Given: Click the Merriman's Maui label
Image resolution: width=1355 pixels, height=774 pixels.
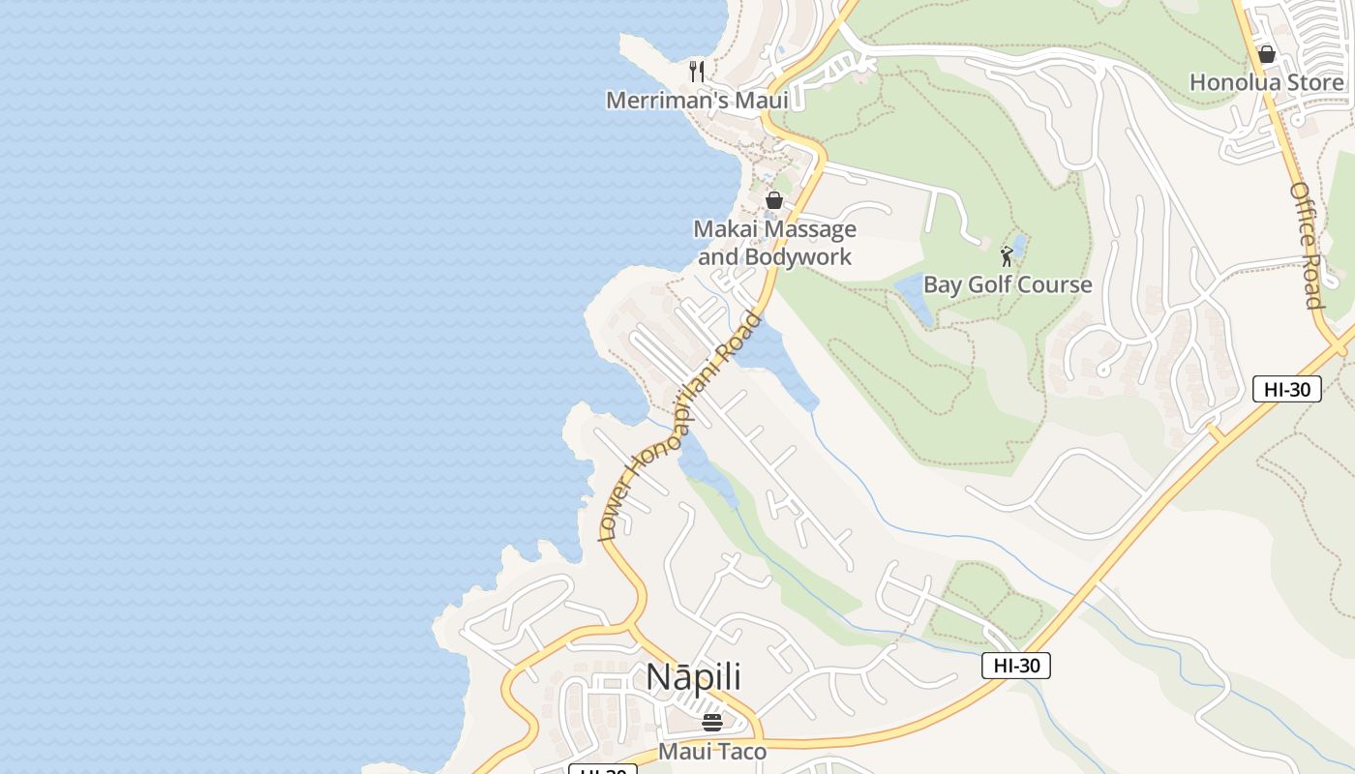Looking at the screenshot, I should click(697, 100).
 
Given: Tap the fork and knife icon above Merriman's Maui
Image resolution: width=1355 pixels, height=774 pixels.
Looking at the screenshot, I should click(696, 71).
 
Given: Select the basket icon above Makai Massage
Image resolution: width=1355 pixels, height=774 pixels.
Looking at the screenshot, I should click(774, 200).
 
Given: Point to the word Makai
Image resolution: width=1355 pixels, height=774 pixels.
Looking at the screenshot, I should click(724, 229).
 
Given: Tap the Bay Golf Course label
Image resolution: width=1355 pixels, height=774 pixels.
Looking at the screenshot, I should click(1007, 284).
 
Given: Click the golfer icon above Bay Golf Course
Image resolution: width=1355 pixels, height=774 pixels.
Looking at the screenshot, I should click(1007, 256).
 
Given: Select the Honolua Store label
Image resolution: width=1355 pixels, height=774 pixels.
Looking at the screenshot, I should click(1266, 82).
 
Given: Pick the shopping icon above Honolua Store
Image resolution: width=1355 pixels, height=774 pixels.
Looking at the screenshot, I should click(1266, 54).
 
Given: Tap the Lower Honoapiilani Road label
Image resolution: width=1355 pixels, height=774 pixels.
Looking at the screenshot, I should click(680, 427).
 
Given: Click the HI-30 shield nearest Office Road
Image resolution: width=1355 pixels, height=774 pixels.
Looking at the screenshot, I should click(1286, 389).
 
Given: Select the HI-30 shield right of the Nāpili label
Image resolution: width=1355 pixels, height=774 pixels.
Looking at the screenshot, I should click(1015, 665).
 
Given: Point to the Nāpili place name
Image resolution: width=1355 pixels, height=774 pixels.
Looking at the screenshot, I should click(693, 676).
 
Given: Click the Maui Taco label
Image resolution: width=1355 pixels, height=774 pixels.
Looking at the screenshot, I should click(712, 752).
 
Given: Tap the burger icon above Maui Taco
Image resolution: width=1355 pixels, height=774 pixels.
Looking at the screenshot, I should click(712, 723).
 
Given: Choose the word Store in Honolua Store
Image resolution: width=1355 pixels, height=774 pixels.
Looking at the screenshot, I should click(1311, 82).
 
